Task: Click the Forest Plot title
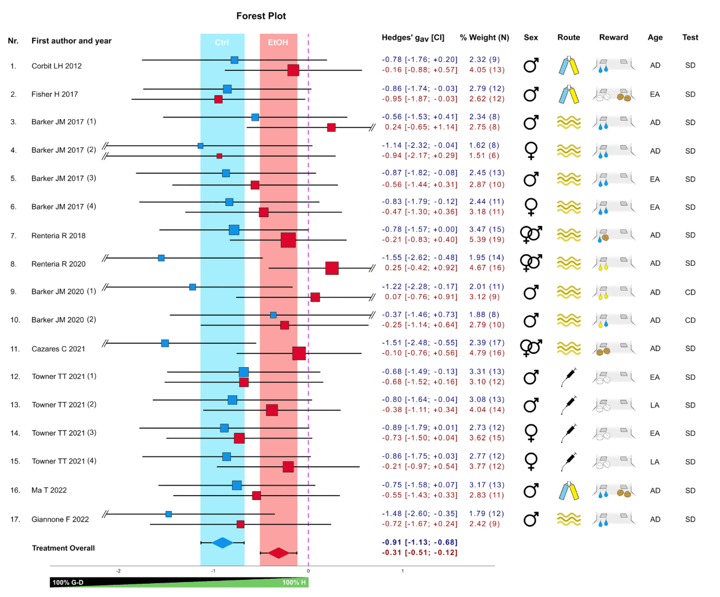pyautogui.click(x=261, y=16)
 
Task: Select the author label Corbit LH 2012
pyautogui.click(x=56, y=66)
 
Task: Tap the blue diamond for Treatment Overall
pyautogui.click(x=223, y=543)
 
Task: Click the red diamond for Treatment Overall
pyautogui.click(x=279, y=553)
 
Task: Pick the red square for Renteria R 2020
pyautogui.click(x=332, y=268)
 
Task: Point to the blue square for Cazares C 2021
pyautogui.click(x=165, y=343)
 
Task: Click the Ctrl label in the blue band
pyautogui.click(x=222, y=43)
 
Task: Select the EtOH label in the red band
pyautogui.click(x=278, y=43)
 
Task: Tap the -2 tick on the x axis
pyautogui.click(x=119, y=571)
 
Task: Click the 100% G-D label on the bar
pyautogui.click(x=68, y=583)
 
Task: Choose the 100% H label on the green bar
pyautogui.click(x=294, y=583)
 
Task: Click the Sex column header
pyautogui.click(x=531, y=38)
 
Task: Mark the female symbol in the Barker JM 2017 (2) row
pyautogui.click(x=531, y=151)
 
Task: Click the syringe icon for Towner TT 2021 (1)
pyautogui.click(x=569, y=377)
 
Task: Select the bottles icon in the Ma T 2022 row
pyautogui.click(x=569, y=491)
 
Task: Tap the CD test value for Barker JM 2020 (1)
pyautogui.click(x=690, y=292)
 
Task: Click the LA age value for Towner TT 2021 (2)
pyautogui.click(x=655, y=405)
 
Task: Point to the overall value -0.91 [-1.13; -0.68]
pyautogui.click(x=419, y=542)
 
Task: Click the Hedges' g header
pyautogui.click(x=413, y=38)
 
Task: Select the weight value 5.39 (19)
pyautogui.click(x=487, y=240)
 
